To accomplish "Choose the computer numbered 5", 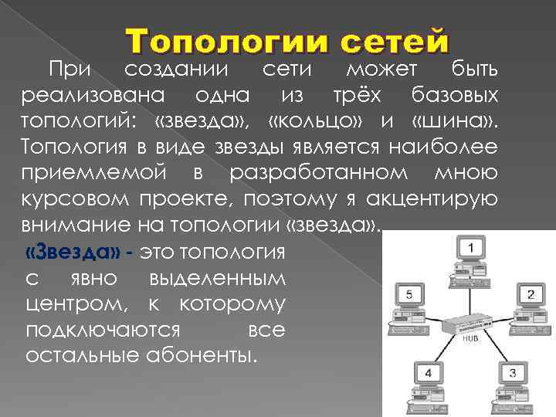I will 410,301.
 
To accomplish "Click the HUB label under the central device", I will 471,338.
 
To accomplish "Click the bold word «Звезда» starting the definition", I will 72,253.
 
